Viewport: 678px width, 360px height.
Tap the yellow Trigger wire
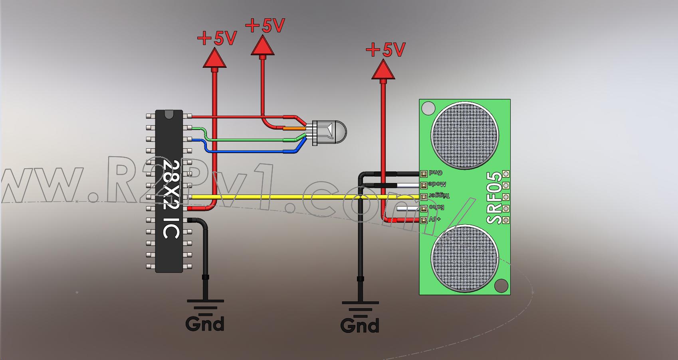[x=280, y=197]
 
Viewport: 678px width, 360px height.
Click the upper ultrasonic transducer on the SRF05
[x=465, y=135]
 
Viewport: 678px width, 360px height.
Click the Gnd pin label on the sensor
[x=436, y=173]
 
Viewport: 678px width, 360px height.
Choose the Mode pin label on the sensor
[x=437, y=185]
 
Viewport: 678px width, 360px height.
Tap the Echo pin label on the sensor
[x=436, y=208]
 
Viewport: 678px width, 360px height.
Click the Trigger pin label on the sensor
[x=439, y=196]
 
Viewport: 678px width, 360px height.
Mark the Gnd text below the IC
[x=205, y=323]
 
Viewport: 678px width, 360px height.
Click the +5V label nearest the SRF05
[x=386, y=50]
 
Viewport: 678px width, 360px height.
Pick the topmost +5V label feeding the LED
[x=265, y=26]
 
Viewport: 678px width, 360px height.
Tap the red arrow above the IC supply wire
[x=215, y=58]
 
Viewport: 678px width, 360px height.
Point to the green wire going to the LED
[x=248, y=140]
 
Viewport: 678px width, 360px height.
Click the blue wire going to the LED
[x=248, y=151]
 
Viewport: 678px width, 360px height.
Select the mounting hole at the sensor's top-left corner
[x=428, y=108]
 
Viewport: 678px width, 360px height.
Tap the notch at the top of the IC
[x=169, y=114]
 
